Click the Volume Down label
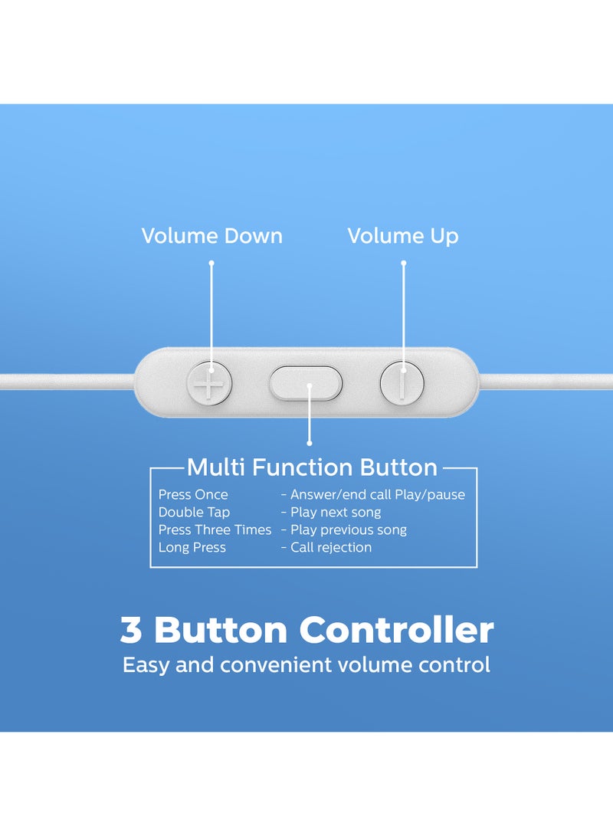211,236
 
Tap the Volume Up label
403,236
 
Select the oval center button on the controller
306,382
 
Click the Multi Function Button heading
312,467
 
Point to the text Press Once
193,495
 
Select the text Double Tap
194,513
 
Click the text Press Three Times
215,530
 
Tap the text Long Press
192,548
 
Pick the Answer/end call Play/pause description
377,495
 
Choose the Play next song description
336,513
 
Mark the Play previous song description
349,530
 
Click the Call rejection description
331,548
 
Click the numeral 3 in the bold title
132,631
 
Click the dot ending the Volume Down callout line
211,263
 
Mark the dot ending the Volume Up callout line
403,263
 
